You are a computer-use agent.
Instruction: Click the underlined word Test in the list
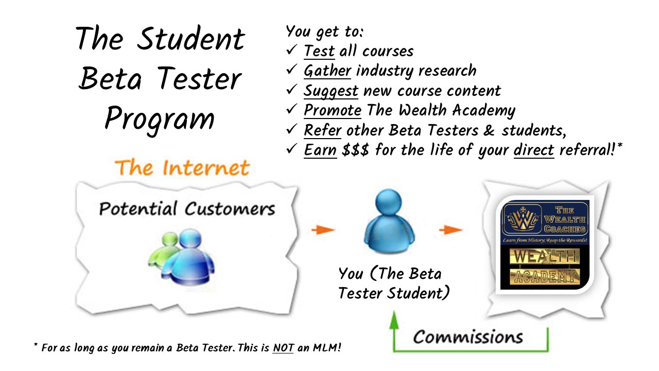pos(319,51)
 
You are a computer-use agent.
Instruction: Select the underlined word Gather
pos(327,71)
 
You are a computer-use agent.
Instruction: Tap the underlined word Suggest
pos(331,91)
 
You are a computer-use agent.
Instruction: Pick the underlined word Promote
pos(333,110)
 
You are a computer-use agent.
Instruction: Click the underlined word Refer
pos(322,130)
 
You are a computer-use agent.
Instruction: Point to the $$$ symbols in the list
pos(355,150)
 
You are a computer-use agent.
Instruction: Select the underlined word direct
pos(534,150)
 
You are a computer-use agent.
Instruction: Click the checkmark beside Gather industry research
pos(291,70)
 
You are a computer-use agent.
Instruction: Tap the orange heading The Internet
pos(182,168)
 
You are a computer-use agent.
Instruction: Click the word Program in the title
pos(160,119)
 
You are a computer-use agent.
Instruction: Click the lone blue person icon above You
pos(389,221)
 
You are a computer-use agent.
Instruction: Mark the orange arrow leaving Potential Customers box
pos(323,230)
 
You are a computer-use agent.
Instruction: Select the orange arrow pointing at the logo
pos(450,230)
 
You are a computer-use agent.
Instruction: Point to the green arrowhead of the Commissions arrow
pos(394,320)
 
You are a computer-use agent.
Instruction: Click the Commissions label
pos(468,337)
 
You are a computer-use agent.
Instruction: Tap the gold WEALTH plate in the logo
pos(545,256)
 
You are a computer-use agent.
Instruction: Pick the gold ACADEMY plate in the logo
pos(545,277)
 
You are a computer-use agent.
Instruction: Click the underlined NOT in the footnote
pos(283,348)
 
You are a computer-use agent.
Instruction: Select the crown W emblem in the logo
pos(522,220)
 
